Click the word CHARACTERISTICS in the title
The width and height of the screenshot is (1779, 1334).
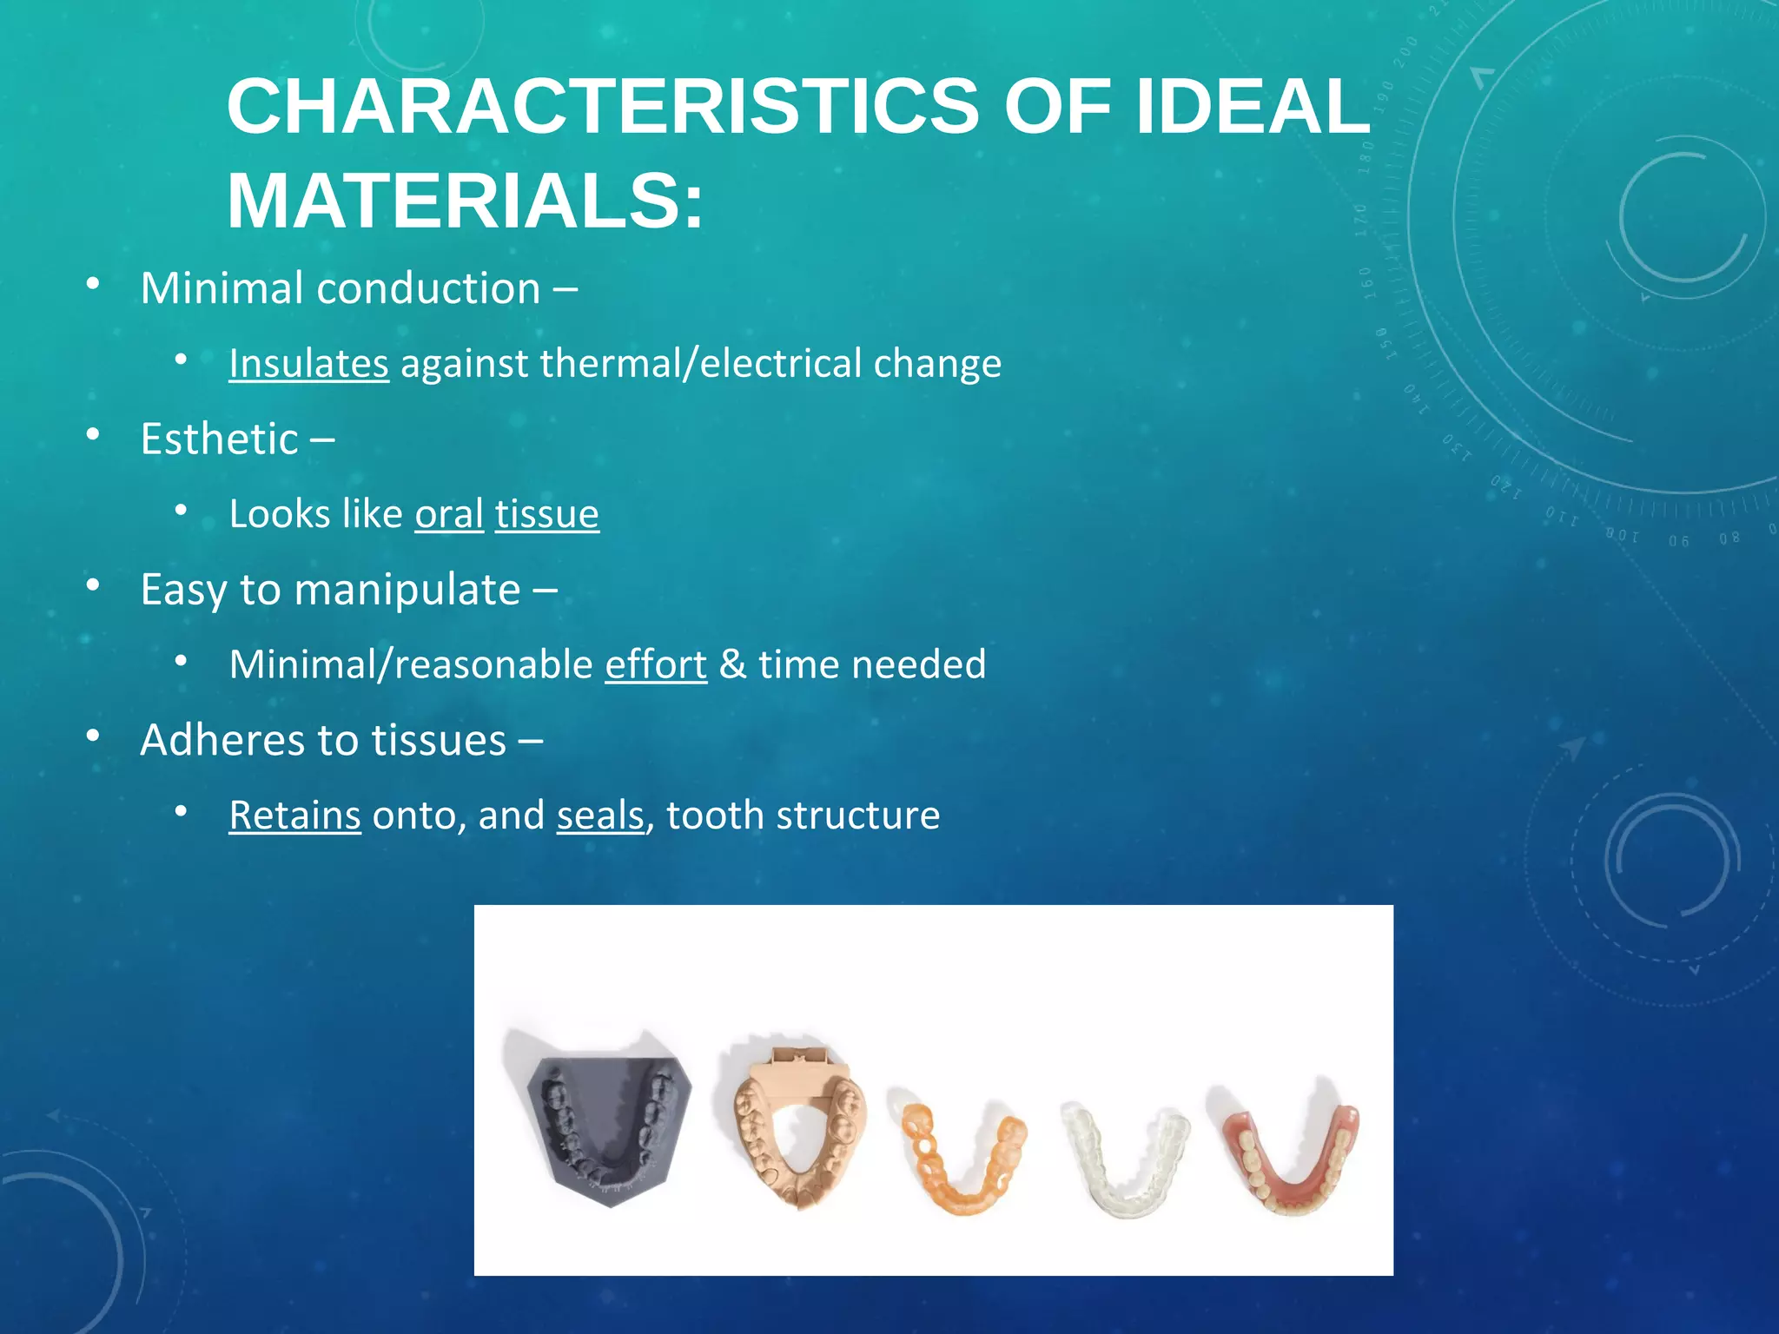(x=603, y=106)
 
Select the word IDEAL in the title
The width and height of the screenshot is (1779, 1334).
(x=1253, y=106)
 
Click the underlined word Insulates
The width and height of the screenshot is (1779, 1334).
(x=308, y=363)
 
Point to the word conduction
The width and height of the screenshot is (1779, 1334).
(x=429, y=288)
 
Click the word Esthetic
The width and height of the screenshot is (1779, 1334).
(x=220, y=439)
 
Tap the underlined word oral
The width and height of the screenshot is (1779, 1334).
(x=449, y=514)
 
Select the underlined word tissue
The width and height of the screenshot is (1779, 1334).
(x=546, y=514)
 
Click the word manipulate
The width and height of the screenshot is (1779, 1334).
(x=407, y=590)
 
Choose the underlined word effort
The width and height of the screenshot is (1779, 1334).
(x=656, y=664)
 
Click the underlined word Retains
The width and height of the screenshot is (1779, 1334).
(x=294, y=816)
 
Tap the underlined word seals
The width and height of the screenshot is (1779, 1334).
(x=600, y=816)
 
